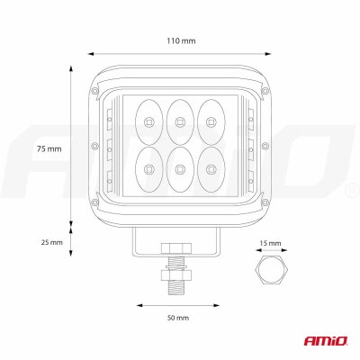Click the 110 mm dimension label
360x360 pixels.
pyautogui.click(x=181, y=40)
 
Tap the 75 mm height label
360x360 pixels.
pyautogui.click(x=49, y=148)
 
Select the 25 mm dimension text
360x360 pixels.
pyautogui.click(x=52, y=242)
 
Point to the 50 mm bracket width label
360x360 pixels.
pyautogui.click(x=178, y=318)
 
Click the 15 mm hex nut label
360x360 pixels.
pyautogui.click(x=270, y=243)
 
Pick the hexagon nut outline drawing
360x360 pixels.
pyautogui.click(x=272, y=270)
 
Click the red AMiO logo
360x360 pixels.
pyautogui.click(x=326, y=340)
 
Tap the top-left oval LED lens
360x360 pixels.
pyautogui.click(x=149, y=121)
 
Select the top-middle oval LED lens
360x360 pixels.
pyautogui.click(x=180, y=121)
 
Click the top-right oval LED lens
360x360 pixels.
pyautogui.click(x=211, y=121)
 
